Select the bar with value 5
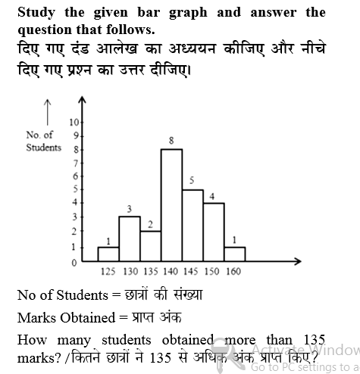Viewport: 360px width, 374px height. pyautogui.click(x=192, y=226)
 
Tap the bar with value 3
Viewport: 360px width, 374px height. pyautogui.click(x=130, y=239)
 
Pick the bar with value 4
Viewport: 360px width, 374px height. pyautogui.click(x=213, y=232)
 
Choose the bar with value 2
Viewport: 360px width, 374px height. pyautogui.click(x=150, y=247)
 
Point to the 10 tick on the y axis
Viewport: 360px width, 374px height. pyautogui.click(x=74, y=122)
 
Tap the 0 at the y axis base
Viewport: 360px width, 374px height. pyautogui.click(x=74, y=263)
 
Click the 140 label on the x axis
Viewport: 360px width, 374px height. pyautogui.click(x=172, y=271)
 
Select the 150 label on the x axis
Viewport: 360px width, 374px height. pyautogui.click(x=212, y=271)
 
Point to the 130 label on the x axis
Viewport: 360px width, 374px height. pyautogui.click(x=130, y=271)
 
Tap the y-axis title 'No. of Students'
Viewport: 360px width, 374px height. pyautogui.click(x=44, y=142)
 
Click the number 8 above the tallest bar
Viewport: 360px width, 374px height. pyautogui.click(x=171, y=141)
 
